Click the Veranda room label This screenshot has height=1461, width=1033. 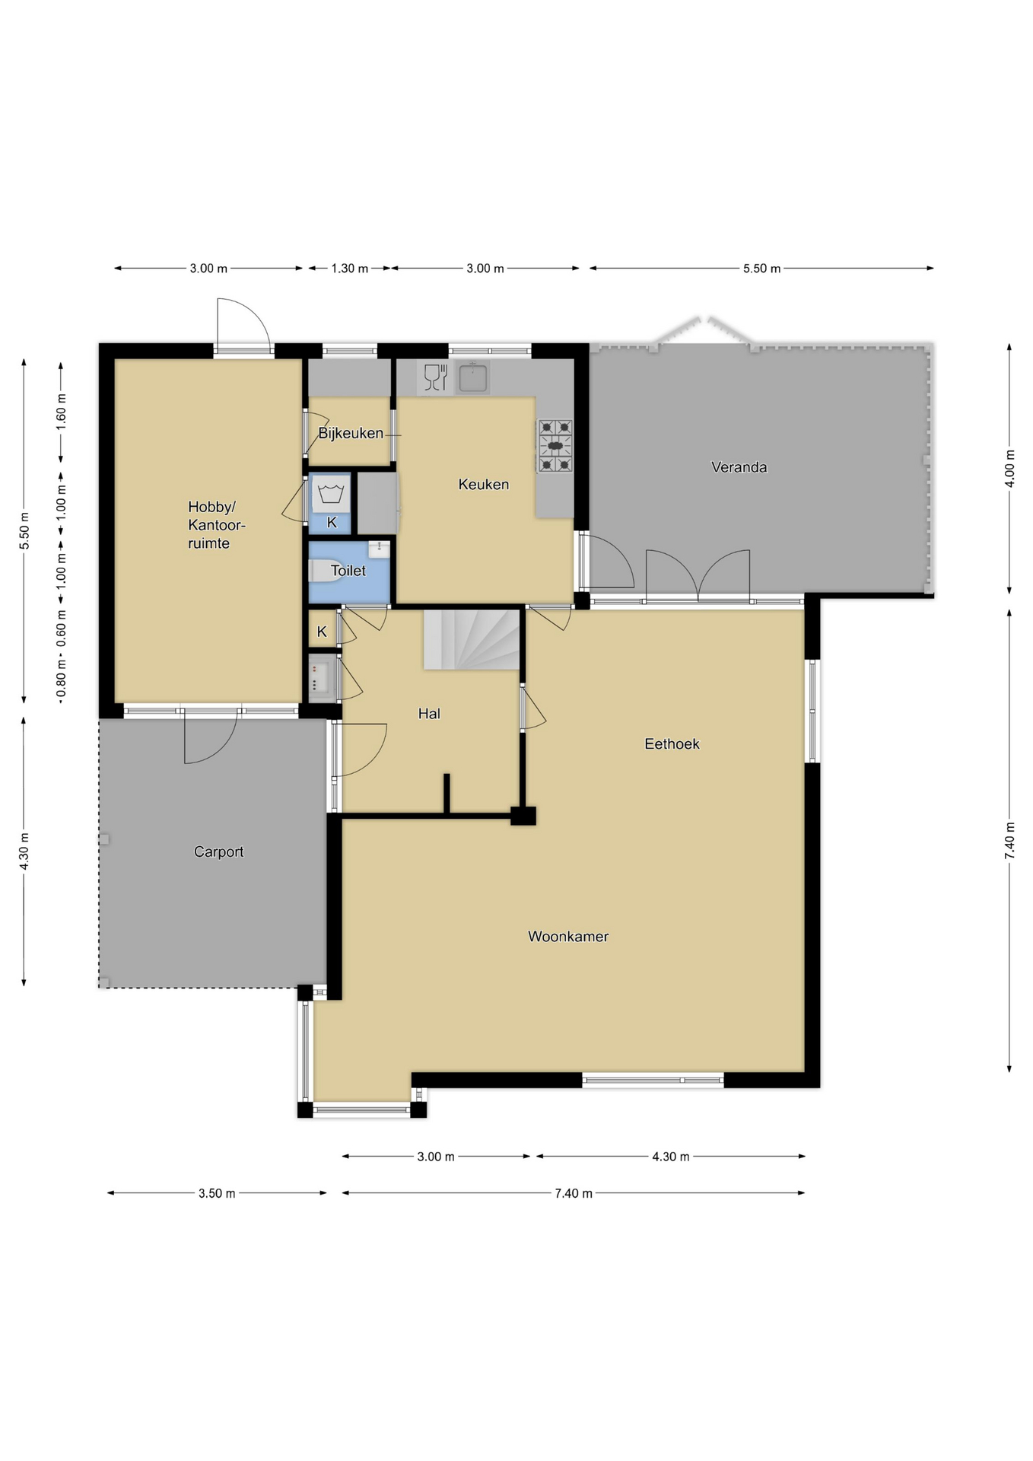click(739, 467)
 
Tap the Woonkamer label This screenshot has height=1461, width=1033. click(568, 937)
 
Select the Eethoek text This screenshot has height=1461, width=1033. click(672, 744)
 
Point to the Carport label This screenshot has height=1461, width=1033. click(218, 852)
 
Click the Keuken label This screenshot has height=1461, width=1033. click(483, 485)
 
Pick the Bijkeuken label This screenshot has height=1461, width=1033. click(351, 434)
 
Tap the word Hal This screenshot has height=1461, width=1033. click(429, 714)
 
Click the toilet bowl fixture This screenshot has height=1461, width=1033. click(326, 571)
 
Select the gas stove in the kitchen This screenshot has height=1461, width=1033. click(555, 446)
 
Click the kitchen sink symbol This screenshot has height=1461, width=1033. click(472, 378)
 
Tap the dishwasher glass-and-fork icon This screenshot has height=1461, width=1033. click(435, 378)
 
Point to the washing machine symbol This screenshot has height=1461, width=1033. click(331, 493)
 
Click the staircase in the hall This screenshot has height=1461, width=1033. click(472, 639)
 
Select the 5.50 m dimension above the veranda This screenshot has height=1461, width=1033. click(761, 269)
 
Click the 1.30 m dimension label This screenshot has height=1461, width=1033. click(349, 269)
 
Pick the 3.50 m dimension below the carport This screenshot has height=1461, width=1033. click(217, 1193)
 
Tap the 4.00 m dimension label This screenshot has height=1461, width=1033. click(1009, 469)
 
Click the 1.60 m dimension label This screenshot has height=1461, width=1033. click(61, 412)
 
